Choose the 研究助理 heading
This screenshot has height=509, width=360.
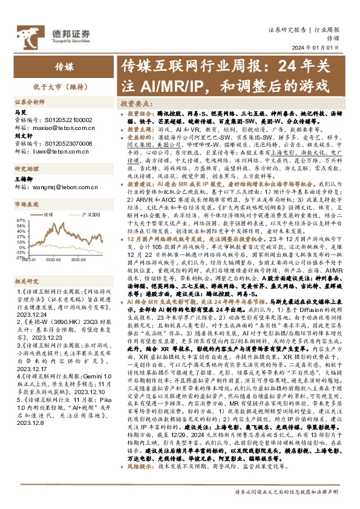(27, 169)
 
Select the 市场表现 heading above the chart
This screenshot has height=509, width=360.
(27, 205)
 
